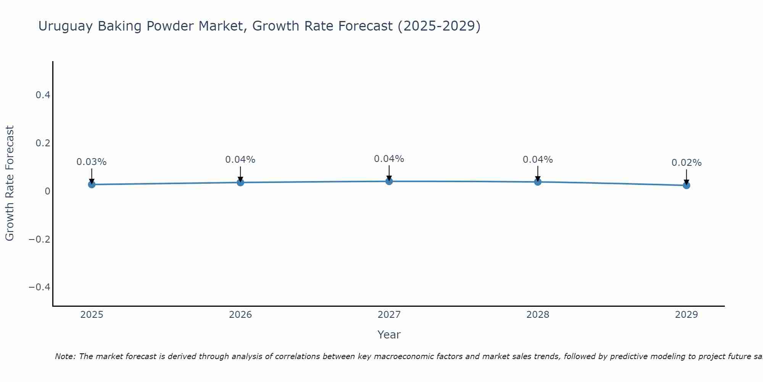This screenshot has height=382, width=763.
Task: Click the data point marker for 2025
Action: coord(92,185)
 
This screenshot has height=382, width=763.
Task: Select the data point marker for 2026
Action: coord(240,183)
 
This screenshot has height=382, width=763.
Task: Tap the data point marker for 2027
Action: coord(389,181)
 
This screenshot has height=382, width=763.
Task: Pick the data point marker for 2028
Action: coord(538,182)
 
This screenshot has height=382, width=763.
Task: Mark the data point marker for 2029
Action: coord(686,185)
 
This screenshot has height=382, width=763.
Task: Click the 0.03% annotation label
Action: coord(92,162)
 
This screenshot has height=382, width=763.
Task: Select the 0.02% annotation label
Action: coord(686,163)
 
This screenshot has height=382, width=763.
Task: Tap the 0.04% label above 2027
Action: coord(389,159)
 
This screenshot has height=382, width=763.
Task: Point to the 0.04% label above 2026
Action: coord(240,160)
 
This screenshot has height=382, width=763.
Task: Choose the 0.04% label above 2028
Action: coord(538,160)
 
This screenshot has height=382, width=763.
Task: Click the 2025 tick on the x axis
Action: coord(92,315)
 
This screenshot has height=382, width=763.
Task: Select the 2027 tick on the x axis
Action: coord(389,315)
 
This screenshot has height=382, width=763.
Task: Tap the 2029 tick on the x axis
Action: coord(686,315)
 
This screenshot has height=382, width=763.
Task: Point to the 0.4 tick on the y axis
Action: coord(43,95)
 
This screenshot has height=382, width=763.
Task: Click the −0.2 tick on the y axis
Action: coord(39,239)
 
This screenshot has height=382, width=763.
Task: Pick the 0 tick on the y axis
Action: coord(47,191)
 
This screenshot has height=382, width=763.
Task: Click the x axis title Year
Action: coord(389,335)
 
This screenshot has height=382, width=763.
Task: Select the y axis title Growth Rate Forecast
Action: coord(10,183)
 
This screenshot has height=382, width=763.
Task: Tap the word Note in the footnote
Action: coord(65,356)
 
